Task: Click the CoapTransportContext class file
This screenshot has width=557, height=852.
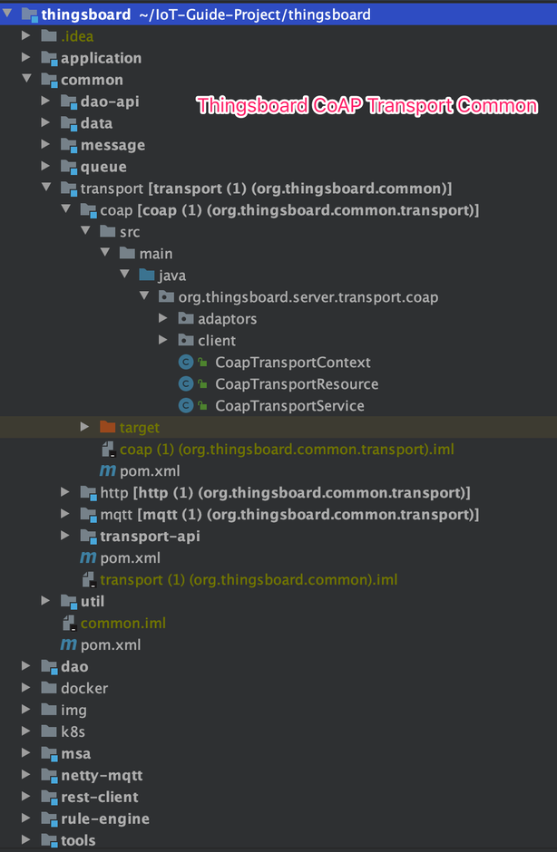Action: [x=292, y=363]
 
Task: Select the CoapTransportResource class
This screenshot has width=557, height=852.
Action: [x=296, y=384]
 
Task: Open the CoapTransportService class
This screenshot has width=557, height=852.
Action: [x=289, y=406]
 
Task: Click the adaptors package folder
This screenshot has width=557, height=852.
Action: [x=227, y=319]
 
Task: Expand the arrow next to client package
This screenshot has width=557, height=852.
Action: [x=163, y=341]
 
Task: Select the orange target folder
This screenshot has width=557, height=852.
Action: [x=139, y=428]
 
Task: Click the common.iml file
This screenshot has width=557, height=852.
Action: [x=122, y=624]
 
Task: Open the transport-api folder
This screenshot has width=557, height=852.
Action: [x=150, y=537]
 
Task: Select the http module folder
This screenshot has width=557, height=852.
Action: [x=113, y=493]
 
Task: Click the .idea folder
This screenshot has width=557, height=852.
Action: [x=77, y=36]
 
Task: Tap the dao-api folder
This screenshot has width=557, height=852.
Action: [x=110, y=102]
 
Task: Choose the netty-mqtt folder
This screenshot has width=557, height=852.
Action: [x=102, y=776]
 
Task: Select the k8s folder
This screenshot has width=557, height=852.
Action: [x=73, y=732]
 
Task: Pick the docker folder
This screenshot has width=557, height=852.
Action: [x=84, y=689]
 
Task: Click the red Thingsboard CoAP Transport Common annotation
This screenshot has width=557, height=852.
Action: [x=367, y=106]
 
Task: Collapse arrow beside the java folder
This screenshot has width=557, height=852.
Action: [x=124, y=276]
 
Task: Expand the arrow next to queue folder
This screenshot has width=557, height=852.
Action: [x=46, y=167]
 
